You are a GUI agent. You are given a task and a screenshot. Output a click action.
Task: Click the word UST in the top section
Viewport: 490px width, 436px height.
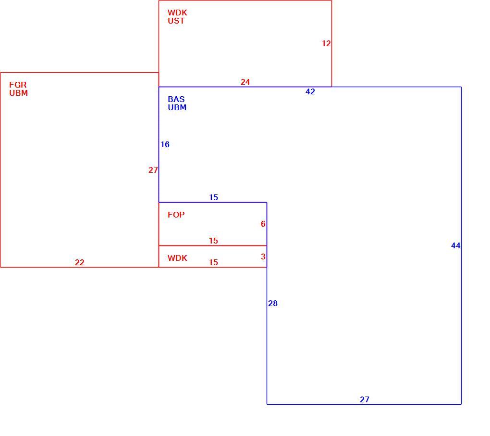(x=176, y=21)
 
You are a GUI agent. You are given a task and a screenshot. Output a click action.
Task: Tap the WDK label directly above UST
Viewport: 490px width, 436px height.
(x=177, y=13)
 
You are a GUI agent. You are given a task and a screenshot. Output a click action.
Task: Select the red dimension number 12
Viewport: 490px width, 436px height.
(x=326, y=43)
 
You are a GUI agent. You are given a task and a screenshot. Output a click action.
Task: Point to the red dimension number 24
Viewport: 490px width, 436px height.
(x=245, y=82)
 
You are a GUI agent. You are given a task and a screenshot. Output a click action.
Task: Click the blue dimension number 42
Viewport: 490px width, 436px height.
(x=310, y=92)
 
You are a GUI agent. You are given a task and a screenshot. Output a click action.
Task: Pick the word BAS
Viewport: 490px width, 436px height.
(x=176, y=99)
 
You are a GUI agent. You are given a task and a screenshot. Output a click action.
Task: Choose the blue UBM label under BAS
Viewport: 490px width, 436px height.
(x=177, y=107)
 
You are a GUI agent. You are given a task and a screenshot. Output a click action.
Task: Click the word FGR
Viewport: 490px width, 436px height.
(x=18, y=85)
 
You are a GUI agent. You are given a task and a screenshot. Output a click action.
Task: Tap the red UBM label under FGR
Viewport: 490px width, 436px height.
(x=18, y=93)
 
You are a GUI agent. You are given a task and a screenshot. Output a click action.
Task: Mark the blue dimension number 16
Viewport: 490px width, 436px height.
(x=165, y=144)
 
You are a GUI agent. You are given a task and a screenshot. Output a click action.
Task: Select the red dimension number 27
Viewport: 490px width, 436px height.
(x=153, y=170)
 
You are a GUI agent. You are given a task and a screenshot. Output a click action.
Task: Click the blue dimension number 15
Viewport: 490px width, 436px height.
(x=213, y=197)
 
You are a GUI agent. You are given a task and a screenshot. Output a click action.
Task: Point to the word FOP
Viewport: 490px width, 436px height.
(x=176, y=215)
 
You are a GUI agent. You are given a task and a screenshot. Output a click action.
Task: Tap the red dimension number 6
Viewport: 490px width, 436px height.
(x=263, y=224)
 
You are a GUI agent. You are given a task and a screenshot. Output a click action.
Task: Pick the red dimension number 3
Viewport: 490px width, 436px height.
(x=263, y=256)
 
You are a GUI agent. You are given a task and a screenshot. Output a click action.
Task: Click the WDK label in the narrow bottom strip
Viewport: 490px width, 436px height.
(x=177, y=258)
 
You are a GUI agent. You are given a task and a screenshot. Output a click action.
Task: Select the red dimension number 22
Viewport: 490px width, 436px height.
(x=80, y=263)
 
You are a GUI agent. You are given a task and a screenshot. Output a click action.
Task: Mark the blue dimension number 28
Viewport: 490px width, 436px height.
(x=273, y=303)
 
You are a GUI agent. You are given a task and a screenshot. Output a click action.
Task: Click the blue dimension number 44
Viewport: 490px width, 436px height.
(x=455, y=246)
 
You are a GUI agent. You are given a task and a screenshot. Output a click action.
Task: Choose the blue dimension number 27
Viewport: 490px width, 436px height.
(x=365, y=400)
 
